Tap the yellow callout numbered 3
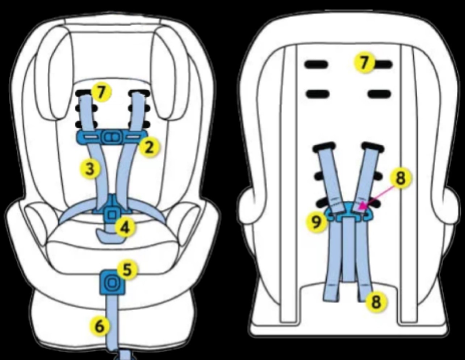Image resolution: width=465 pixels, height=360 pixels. pyautogui.click(x=90, y=168)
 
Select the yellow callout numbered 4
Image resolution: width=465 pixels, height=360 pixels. pyautogui.click(x=125, y=227)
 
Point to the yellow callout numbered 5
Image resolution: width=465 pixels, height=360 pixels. pyautogui.click(x=127, y=270)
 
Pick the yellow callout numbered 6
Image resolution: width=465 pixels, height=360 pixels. pyautogui.click(x=100, y=327)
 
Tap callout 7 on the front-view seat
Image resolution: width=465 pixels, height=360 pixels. pyautogui.click(x=102, y=92)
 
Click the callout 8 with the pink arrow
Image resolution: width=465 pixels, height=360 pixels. pyautogui.click(x=401, y=178)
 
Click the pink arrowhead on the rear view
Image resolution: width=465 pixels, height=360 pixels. pyautogui.click(x=362, y=206)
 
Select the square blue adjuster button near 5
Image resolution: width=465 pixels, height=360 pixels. pyautogui.click(x=112, y=283)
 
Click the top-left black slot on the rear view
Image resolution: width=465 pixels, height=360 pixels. pyautogui.click(x=316, y=65)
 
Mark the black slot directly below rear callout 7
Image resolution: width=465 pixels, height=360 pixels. pyautogui.click(x=380, y=94)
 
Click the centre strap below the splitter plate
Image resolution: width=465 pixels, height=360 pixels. pyautogui.click(x=349, y=249)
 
